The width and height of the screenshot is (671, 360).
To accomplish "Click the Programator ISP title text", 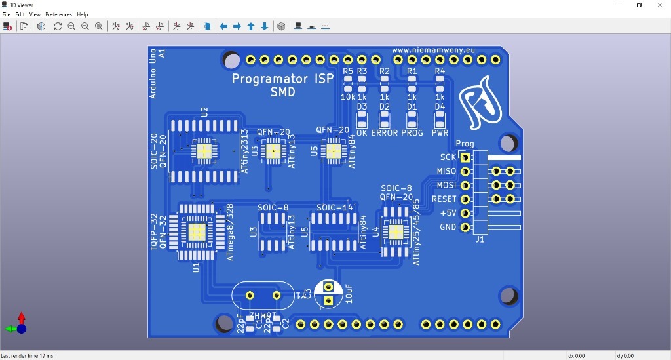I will point(282,79).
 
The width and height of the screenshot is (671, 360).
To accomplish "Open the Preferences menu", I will point(58,14).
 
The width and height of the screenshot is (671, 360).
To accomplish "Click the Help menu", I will point(83,14).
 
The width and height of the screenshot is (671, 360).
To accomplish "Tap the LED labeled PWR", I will point(440,119).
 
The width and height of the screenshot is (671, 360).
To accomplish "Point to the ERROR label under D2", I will point(385,133).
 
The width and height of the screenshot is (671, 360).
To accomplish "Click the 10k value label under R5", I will point(347,97).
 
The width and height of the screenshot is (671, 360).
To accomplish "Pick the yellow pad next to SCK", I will point(465,157).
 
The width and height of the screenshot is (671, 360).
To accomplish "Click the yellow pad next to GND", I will point(465,228).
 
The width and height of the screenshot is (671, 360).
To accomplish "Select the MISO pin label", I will point(446,171).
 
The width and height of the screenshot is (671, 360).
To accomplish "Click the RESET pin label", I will point(444,199).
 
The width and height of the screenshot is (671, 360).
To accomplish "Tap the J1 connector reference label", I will point(480,240).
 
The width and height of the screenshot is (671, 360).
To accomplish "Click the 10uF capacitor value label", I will point(349,293).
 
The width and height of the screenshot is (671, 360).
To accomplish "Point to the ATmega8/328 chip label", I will point(230,232).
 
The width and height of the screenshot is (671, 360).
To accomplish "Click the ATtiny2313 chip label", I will point(244,151).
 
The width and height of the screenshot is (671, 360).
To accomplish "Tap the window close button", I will point(659,5).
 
